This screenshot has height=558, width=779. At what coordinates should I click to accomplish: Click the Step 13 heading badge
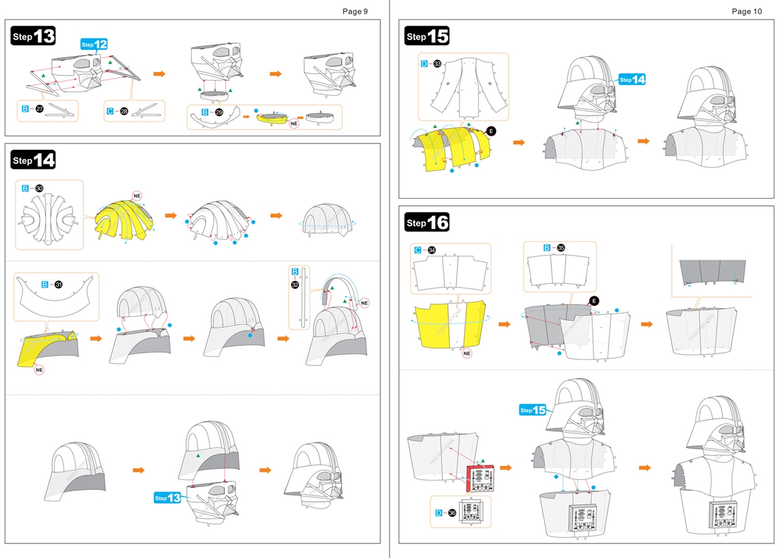point(33,37)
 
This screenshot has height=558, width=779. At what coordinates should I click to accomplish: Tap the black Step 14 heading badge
point(33,161)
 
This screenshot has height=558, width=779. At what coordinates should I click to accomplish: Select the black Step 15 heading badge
point(427,37)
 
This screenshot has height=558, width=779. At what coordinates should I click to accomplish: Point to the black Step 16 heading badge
point(427,223)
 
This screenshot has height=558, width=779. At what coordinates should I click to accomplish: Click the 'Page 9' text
point(355,11)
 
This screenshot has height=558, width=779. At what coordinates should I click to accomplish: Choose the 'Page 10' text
point(746,11)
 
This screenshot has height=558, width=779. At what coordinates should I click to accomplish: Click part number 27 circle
point(40,109)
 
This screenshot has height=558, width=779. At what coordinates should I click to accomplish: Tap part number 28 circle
point(124,111)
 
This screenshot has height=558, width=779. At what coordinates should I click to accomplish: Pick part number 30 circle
point(40,189)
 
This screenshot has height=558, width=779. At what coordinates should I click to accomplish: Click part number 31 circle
point(59,284)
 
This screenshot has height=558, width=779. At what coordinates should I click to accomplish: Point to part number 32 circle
point(295,284)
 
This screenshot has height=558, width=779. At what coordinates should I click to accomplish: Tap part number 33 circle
point(437,63)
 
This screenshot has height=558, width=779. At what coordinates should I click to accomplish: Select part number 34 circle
point(431,250)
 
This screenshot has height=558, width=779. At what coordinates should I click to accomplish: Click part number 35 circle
point(561,248)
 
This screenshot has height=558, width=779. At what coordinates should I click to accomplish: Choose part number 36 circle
point(452,513)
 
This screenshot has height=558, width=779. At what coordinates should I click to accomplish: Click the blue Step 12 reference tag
point(94,44)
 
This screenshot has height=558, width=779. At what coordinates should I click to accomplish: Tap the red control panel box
point(481,478)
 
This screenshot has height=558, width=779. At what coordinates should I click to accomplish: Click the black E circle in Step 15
point(491,131)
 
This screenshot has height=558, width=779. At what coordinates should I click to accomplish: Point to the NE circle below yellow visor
point(40,369)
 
